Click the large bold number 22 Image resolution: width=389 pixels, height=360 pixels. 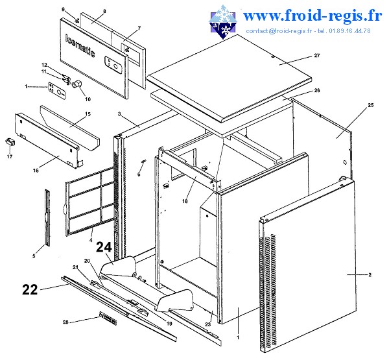[x=30, y=289]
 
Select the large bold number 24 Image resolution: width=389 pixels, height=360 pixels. [x=104, y=247]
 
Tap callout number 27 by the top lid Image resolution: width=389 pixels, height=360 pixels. [x=317, y=55]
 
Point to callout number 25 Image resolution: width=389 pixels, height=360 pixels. [x=370, y=105]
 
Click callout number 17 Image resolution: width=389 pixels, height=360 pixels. [x=10, y=156]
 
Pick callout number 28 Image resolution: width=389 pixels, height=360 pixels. [x=65, y=322]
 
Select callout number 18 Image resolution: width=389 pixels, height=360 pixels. [x=185, y=201]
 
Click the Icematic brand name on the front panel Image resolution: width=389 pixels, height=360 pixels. [x=80, y=45]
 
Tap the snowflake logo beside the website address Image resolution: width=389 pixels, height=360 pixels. [x=223, y=22]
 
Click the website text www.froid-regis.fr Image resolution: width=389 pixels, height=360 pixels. [x=312, y=16]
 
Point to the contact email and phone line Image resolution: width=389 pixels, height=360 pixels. [x=309, y=30]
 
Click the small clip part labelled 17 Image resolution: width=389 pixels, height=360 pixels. [x=10, y=143]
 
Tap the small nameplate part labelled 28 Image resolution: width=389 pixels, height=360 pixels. [x=108, y=318]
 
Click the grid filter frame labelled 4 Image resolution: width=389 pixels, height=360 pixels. [x=91, y=201]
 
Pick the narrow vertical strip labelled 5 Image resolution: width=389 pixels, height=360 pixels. [x=47, y=218]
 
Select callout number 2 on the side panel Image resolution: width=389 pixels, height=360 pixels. [x=370, y=274]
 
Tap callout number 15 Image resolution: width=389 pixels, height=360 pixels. [x=88, y=114]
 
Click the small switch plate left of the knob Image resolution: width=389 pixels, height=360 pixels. [x=57, y=91]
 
